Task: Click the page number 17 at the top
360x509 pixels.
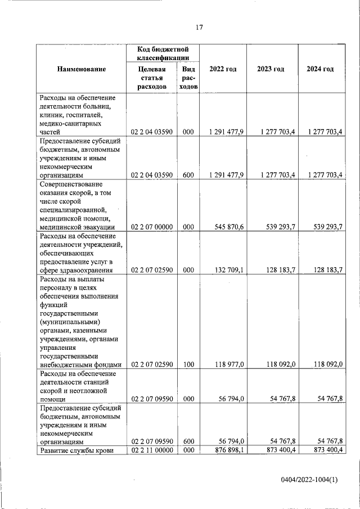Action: point(199,28)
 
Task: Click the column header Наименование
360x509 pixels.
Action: point(82,69)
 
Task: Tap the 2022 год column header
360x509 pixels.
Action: point(223,69)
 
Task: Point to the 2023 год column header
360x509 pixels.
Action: point(271,69)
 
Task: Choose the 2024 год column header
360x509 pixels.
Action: point(320,69)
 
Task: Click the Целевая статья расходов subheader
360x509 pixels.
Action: point(152,78)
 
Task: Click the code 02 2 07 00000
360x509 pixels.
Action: point(151,227)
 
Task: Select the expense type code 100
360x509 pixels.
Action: point(188,364)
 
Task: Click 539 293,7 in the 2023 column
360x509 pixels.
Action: point(277,227)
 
